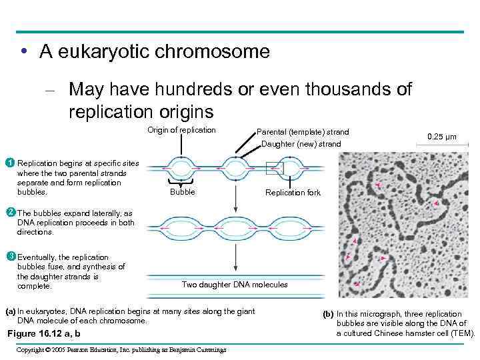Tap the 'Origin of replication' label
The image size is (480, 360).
181,130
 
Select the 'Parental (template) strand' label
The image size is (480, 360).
303,132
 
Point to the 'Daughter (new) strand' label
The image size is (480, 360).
301,144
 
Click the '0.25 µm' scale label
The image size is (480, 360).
442,137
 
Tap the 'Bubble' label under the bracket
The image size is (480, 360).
183,192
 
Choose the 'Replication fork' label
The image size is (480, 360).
293,193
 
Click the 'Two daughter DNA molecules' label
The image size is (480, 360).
235,285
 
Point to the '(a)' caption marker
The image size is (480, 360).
10,311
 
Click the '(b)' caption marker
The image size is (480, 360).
328,314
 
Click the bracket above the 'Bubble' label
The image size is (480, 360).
183,181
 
